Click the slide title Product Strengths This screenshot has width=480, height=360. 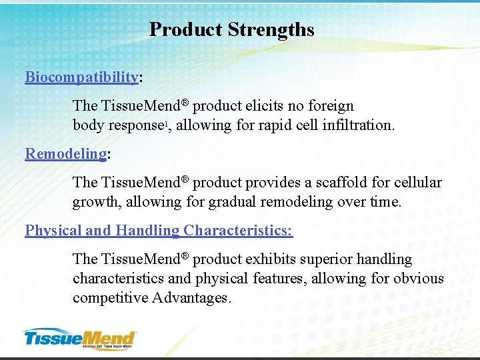tap(231, 30)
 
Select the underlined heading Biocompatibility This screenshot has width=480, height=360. tap(81, 77)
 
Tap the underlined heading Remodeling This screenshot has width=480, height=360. tap(65, 154)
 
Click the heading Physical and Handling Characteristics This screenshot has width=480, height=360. tap(158, 231)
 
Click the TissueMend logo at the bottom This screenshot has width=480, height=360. tap(80, 338)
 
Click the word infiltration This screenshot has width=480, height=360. tap(359, 125)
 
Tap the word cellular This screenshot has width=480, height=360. tap(417, 183)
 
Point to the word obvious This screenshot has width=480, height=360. tap(419, 279)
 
